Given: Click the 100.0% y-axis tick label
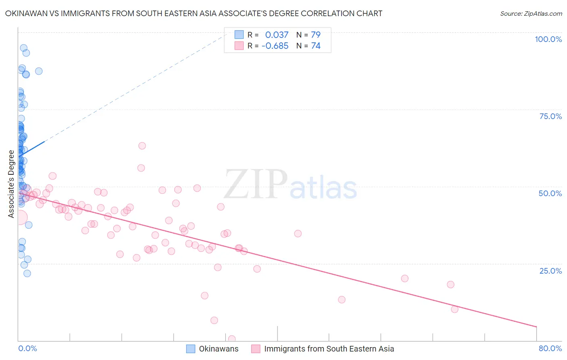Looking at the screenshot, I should (x=548, y=39).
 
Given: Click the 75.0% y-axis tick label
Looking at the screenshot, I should (x=550, y=116).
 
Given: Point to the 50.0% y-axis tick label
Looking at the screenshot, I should (x=550, y=193).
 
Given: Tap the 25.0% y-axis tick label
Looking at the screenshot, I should (x=550, y=270).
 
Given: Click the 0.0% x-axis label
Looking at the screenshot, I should (x=27, y=348).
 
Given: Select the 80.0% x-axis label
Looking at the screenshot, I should (x=550, y=348).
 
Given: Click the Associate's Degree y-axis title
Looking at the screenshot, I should (x=11, y=184).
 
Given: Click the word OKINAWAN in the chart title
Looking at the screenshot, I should (x=25, y=13).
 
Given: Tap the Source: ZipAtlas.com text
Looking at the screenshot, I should (x=531, y=13).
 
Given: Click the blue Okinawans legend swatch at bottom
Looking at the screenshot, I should (x=191, y=349).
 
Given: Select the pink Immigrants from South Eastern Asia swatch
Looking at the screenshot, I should (x=256, y=349).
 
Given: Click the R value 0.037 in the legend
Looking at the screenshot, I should (x=277, y=35).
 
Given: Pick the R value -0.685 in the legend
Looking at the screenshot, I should (x=275, y=46).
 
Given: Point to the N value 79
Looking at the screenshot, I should (x=315, y=35).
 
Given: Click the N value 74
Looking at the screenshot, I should (x=315, y=46).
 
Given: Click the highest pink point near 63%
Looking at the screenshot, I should (x=142, y=146).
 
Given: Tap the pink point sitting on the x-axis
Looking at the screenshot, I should (x=231, y=339).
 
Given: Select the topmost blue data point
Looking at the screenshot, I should (x=24, y=48).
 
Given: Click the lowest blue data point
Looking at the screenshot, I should (x=27, y=273).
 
